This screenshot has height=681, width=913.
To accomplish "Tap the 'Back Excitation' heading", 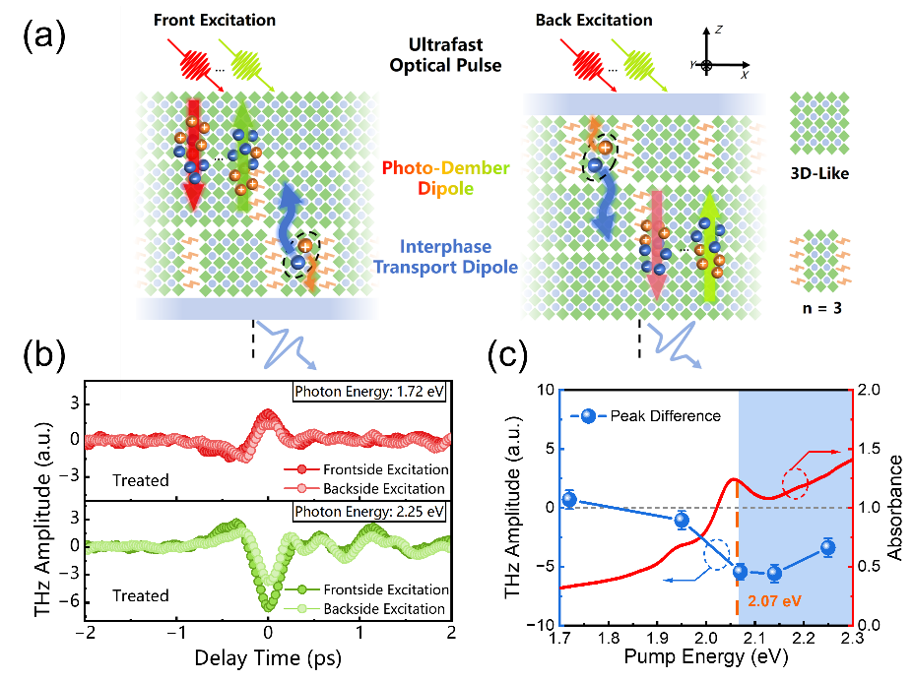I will coord(594,20).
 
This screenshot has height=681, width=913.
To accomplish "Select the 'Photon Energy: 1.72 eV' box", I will coord(369,393).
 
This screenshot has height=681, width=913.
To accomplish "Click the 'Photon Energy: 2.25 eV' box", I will coord(369,512).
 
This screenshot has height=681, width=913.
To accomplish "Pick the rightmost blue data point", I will coord(827,547).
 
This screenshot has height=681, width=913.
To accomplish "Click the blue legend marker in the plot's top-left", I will coord(588,416).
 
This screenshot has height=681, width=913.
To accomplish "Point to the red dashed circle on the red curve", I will coord(794,482).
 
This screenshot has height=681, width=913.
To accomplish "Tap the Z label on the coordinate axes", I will coord(719,31).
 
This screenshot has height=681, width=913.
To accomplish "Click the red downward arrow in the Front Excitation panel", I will coord(193,153).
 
